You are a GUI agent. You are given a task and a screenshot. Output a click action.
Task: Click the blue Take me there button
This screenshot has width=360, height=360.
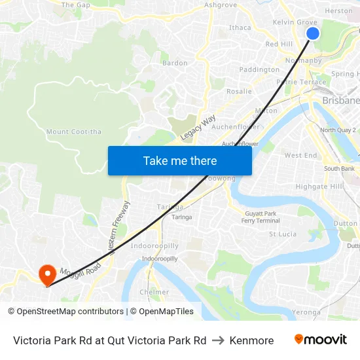[x=179, y=160]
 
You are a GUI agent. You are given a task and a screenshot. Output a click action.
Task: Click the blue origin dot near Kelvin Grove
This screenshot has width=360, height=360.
[x=313, y=33]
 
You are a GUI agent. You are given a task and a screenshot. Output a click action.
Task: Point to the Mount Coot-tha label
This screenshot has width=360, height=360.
[x=74, y=132]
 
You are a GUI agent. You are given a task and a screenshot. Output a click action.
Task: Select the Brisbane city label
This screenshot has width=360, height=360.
[x=341, y=101]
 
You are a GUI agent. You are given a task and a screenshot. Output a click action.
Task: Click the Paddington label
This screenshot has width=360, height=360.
[x=259, y=69]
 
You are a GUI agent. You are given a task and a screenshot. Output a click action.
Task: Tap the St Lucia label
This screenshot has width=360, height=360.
[x=283, y=234]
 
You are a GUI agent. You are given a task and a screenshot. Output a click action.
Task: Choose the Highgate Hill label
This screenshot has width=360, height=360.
[x=319, y=187]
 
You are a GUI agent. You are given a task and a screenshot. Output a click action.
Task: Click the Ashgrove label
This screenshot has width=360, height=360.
[x=221, y=5]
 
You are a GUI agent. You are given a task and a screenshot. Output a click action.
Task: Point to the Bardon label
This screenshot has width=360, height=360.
[x=175, y=63]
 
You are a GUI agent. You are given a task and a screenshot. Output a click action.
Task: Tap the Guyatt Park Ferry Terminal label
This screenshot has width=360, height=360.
[x=261, y=217]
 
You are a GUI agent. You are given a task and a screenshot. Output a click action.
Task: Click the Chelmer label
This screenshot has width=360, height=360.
[x=154, y=292]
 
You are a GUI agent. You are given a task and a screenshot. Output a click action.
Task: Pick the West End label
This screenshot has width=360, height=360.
[x=300, y=155]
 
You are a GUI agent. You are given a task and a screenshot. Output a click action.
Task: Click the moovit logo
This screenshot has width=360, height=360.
[x=320, y=340]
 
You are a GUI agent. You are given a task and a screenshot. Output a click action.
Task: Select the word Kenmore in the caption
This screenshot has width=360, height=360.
[x=251, y=340]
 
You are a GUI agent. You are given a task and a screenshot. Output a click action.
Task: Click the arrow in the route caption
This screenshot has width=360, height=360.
[x=218, y=340]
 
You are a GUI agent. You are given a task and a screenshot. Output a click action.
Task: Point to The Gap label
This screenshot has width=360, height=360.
[x=75, y=5]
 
